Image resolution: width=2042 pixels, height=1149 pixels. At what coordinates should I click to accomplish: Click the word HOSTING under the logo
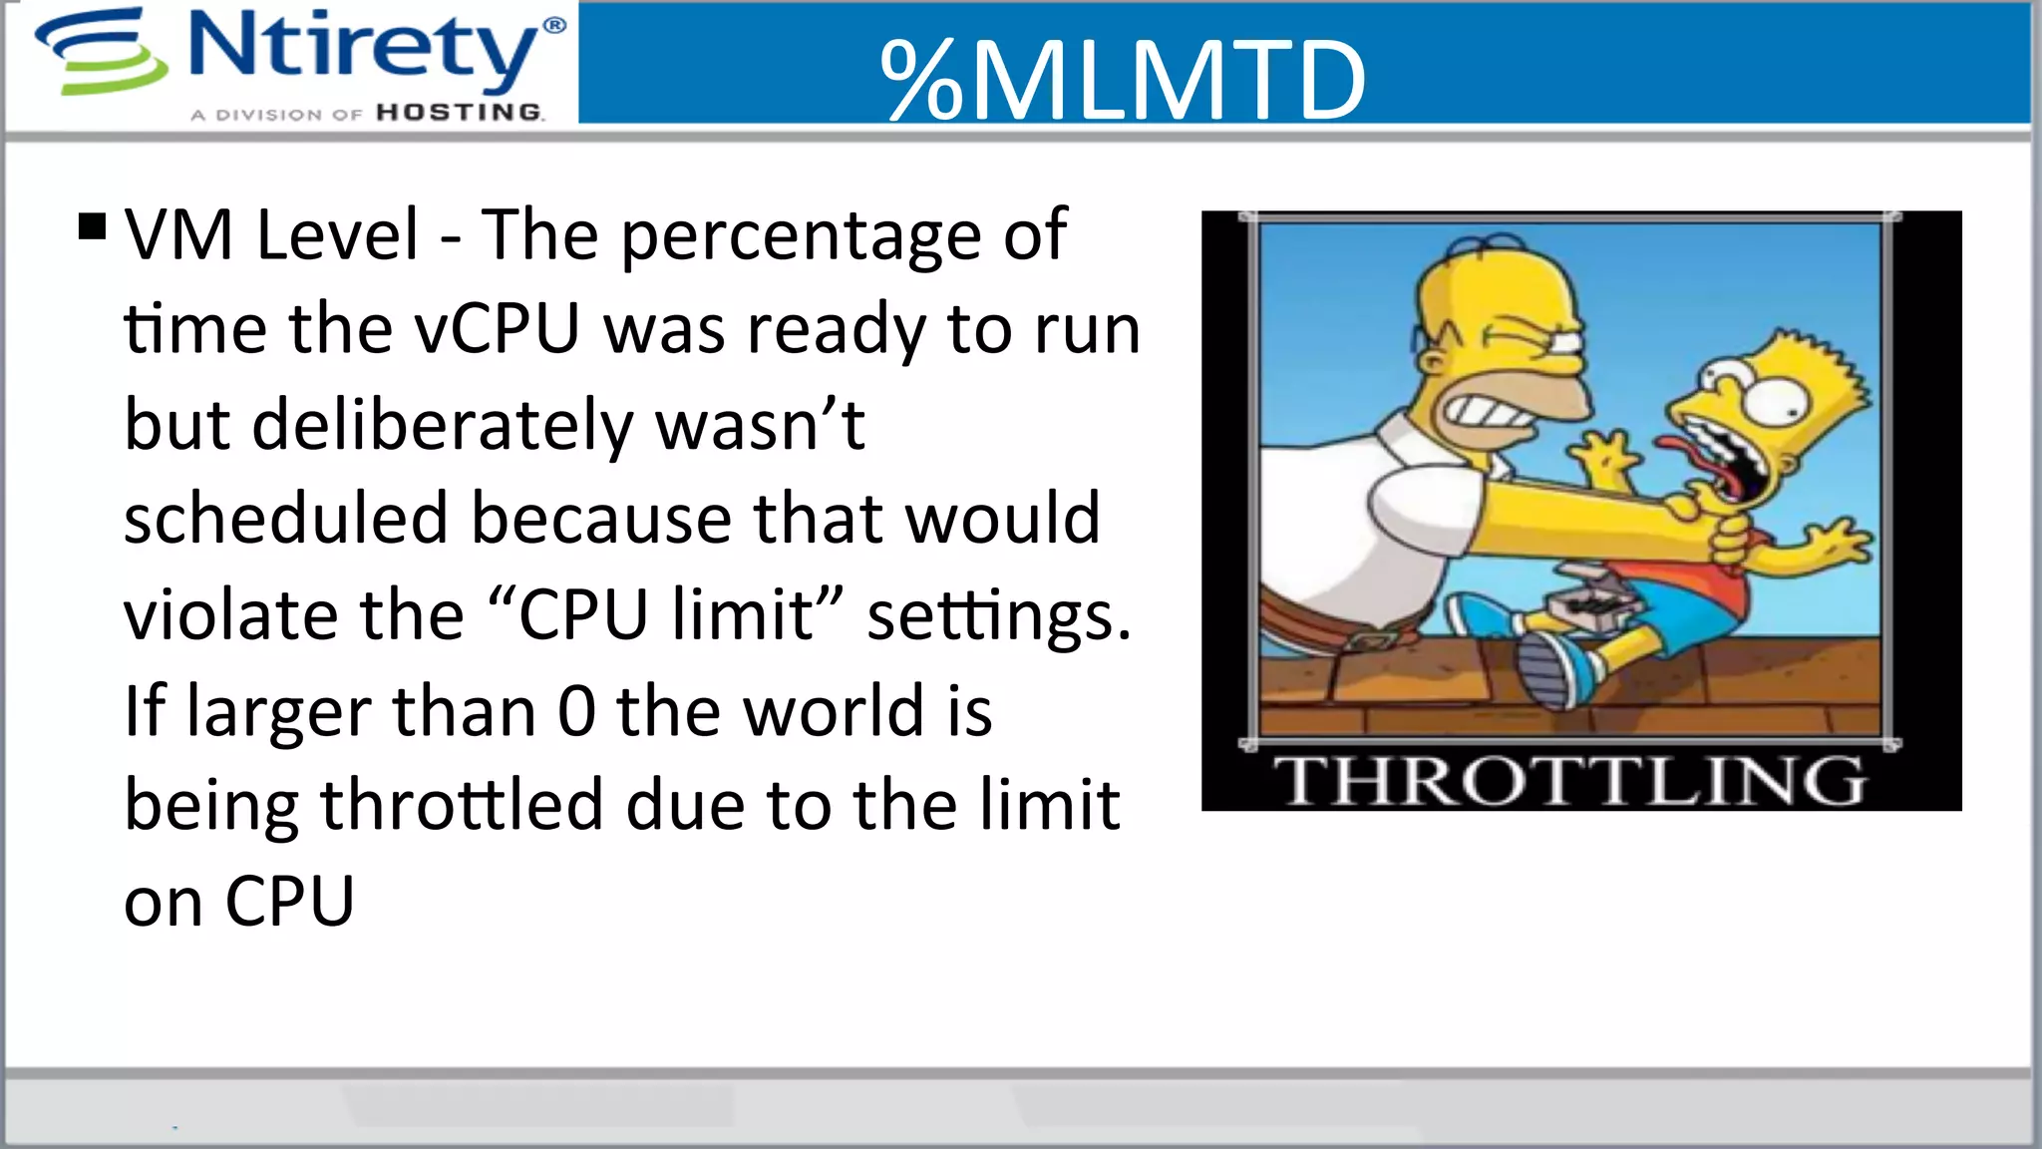click(460, 113)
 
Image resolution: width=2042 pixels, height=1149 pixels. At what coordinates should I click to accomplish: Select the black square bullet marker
click(92, 227)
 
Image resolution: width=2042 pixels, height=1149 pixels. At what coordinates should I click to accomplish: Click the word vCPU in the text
click(498, 328)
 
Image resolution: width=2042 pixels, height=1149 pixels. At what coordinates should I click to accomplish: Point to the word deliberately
click(443, 425)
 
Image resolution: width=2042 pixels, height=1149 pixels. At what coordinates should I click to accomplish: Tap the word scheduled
click(285, 519)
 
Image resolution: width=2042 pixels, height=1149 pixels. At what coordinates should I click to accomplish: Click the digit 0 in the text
click(576, 711)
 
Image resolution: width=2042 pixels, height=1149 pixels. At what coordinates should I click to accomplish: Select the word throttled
click(462, 805)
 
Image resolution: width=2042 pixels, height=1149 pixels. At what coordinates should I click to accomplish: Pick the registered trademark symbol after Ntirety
click(554, 25)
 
